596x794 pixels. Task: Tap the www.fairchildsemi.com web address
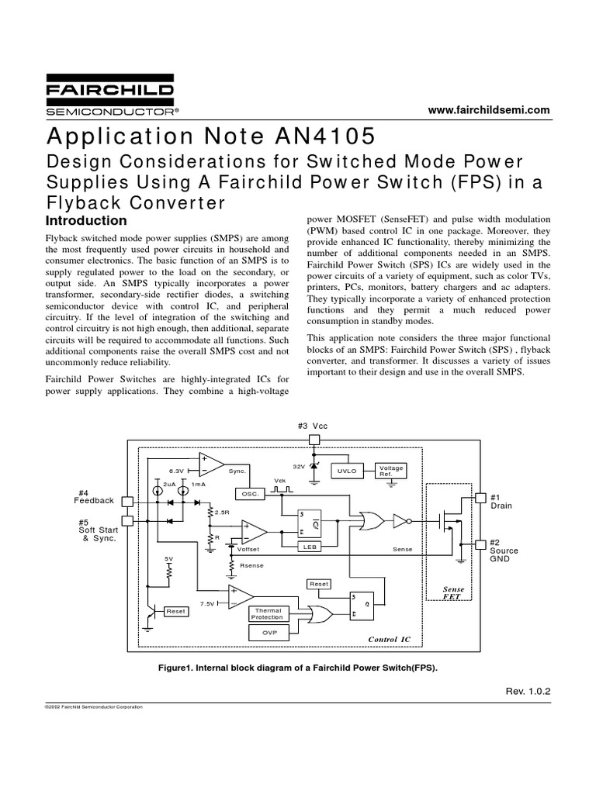point(490,110)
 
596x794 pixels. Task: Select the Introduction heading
point(86,221)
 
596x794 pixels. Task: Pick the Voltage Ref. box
point(390,471)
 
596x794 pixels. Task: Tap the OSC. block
point(250,493)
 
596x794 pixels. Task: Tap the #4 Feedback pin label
point(95,496)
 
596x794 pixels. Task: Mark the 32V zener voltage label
point(299,466)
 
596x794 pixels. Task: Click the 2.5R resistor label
point(221,513)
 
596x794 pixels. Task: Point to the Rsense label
point(252,565)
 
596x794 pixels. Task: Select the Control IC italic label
point(390,639)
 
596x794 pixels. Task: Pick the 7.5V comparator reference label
point(207,603)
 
